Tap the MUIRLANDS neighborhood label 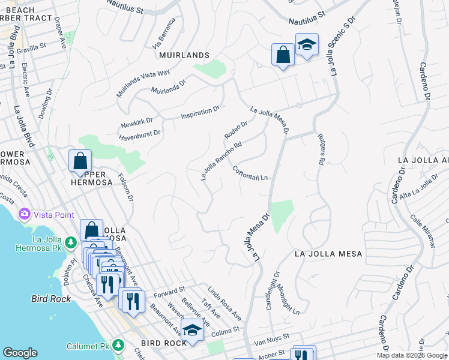click(184, 55)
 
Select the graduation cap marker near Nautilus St click(307, 45)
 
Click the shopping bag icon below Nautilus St click(282, 55)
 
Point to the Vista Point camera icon click(25, 214)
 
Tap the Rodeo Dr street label click(236, 130)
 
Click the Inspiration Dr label click(200, 113)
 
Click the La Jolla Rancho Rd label click(221, 161)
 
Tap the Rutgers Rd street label click(321, 153)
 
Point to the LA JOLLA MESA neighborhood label click(328, 254)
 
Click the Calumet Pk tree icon click(118, 345)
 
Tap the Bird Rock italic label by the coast click(48, 298)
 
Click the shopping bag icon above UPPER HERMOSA click(80, 161)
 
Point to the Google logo click(20, 353)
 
